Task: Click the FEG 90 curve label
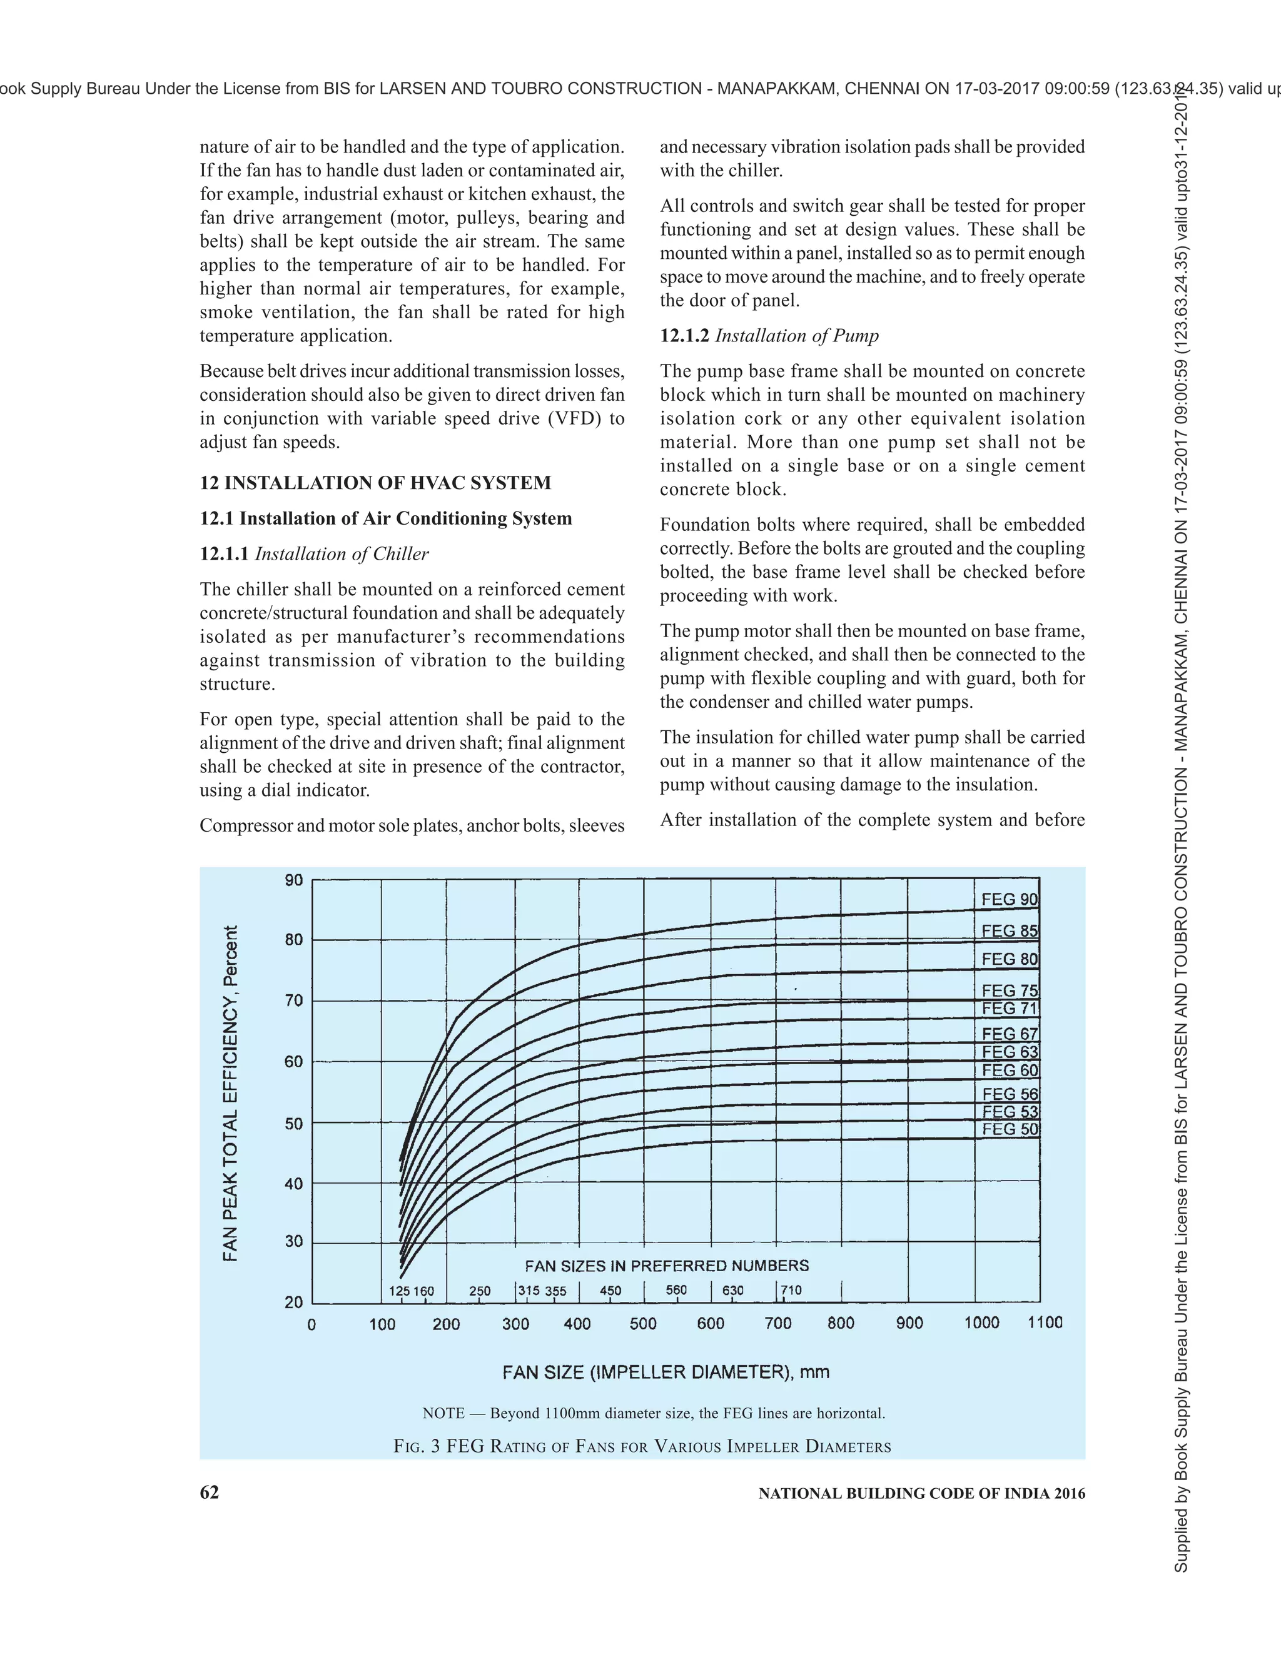click(1008, 899)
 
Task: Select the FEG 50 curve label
click(1008, 1129)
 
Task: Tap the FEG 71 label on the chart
click(1008, 1009)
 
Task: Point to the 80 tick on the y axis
click(294, 939)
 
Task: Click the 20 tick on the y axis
click(294, 1302)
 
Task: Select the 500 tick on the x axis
click(643, 1323)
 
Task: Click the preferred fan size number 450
click(610, 1291)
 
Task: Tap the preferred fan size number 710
click(791, 1290)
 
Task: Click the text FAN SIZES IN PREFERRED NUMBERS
click(666, 1266)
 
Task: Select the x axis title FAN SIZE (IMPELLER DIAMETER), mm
click(666, 1372)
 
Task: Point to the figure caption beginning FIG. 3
click(642, 1446)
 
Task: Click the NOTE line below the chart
click(654, 1414)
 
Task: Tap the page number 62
click(210, 1493)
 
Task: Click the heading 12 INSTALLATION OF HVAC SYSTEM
click(376, 483)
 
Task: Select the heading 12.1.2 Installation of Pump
click(769, 335)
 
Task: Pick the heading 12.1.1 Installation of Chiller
click(314, 554)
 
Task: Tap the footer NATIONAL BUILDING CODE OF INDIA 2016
click(921, 1493)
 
